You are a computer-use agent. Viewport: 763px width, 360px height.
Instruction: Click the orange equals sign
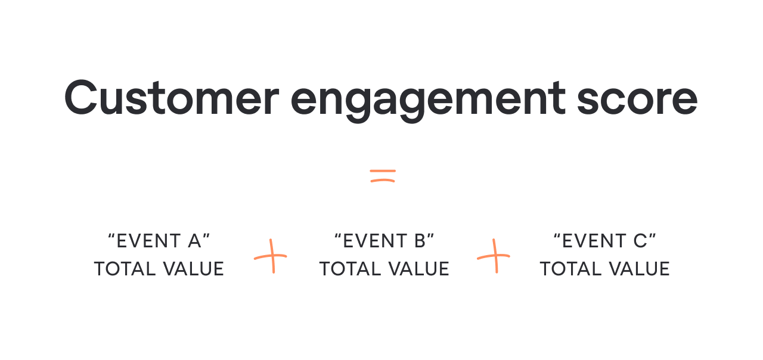[x=382, y=175]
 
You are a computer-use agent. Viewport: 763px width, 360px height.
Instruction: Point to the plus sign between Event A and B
[x=271, y=256]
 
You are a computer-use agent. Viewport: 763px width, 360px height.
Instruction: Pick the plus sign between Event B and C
[x=494, y=256]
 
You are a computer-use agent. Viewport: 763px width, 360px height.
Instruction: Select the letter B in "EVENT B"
[x=421, y=241]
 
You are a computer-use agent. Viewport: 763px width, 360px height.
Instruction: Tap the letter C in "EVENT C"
[x=641, y=241]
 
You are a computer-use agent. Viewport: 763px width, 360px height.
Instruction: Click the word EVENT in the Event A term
[x=148, y=241]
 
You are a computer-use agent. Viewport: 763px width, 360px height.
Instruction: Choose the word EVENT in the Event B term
[x=374, y=241]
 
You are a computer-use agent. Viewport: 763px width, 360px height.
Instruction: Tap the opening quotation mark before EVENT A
[x=111, y=237]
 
